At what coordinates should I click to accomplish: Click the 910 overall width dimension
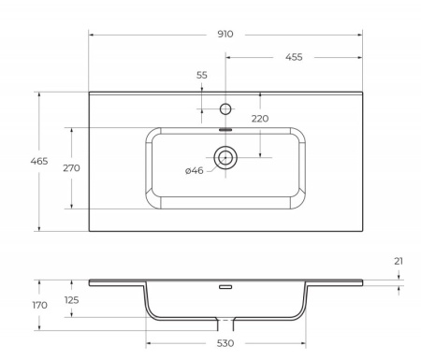[225, 34]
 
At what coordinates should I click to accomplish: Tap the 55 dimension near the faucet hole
[202, 75]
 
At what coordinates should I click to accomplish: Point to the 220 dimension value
[259, 119]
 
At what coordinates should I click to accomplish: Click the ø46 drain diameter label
[196, 170]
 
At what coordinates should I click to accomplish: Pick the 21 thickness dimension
[399, 261]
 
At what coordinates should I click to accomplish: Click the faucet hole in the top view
[225, 108]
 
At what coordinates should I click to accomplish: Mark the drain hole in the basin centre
[225, 157]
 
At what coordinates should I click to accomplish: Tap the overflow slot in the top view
[225, 130]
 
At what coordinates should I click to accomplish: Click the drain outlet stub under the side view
[225, 324]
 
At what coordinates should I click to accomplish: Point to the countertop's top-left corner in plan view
[90, 92]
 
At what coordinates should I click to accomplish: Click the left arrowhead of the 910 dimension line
[92, 34]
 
